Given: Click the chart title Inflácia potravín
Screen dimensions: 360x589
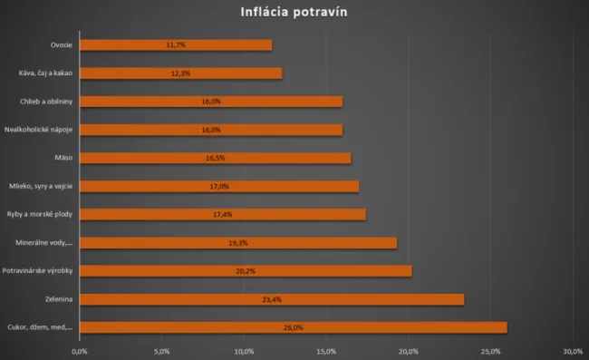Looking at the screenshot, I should click(294, 13).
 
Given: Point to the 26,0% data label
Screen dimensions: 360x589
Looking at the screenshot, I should click(294, 328).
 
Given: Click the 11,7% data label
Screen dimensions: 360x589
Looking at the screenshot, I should click(176, 44).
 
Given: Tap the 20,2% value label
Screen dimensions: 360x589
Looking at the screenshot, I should click(246, 271).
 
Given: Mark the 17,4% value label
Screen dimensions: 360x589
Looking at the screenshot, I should click(223, 215).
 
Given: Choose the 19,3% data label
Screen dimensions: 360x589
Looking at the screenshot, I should click(238, 243).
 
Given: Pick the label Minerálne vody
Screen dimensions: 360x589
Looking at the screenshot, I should click(44, 243).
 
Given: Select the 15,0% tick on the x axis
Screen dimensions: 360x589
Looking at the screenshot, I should click(326, 350).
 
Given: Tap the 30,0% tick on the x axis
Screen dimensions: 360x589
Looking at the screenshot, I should click(572, 350).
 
